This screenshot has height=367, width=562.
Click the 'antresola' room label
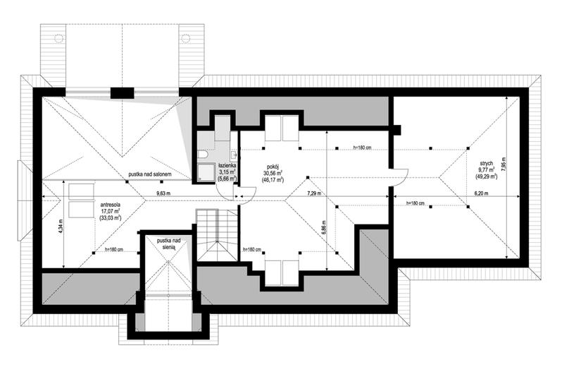(111, 205)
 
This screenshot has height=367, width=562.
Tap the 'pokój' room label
(273, 167)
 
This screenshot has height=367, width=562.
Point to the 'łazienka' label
(227, 166)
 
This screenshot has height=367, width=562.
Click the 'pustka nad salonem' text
(150, 174)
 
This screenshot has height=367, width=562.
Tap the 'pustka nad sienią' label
(168, 243)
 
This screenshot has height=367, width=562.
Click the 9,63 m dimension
(163, 193)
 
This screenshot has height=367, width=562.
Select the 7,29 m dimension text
(313, 193)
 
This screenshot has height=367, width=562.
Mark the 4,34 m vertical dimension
(61, 227)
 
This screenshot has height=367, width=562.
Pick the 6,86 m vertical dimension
(324, 227)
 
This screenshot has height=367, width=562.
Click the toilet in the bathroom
(204, 155)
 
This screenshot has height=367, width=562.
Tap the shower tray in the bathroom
(206, 173)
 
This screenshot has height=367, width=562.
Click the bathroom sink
(235, 155)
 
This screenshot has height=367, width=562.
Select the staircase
(217, 235)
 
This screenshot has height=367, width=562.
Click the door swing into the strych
(399, 177)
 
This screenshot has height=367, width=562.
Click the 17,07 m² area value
(111, 211)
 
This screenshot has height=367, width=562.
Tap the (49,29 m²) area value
(486, 176)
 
